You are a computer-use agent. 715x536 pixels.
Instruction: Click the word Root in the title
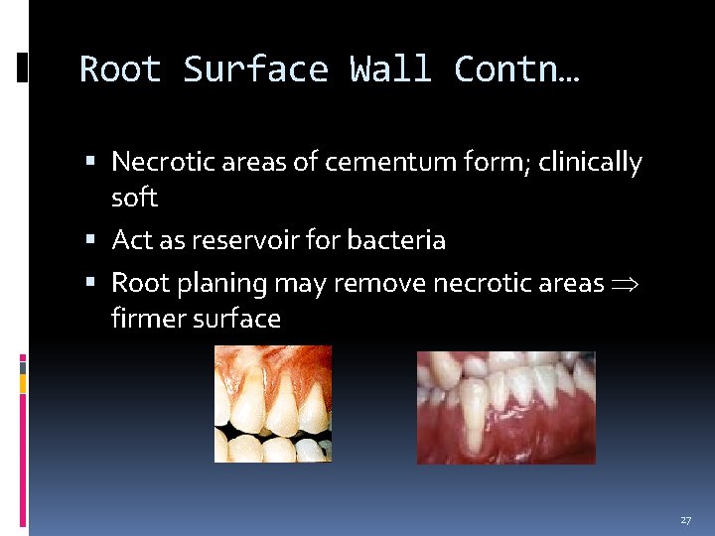[x=120, y=69]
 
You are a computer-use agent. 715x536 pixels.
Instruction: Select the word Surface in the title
[x=255, y=69]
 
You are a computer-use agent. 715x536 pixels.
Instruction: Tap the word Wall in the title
[x=390, y=69]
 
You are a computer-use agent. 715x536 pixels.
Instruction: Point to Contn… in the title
[x=516, y=69]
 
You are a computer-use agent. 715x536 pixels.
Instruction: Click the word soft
[x=134, y=198]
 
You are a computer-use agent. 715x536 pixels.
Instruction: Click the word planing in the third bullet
[x=220, y=284]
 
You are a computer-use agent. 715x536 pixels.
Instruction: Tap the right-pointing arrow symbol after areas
[x=628, y=285]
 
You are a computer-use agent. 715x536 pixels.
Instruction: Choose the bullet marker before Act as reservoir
[x=91, y=240]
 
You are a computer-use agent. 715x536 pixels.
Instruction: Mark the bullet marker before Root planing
[x=91, y=284]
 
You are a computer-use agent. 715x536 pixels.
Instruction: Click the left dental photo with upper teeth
[x=273, y=404]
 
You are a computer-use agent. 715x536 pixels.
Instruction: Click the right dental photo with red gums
[x=505, y=407]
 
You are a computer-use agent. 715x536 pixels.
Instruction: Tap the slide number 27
[x=685, y=520]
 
